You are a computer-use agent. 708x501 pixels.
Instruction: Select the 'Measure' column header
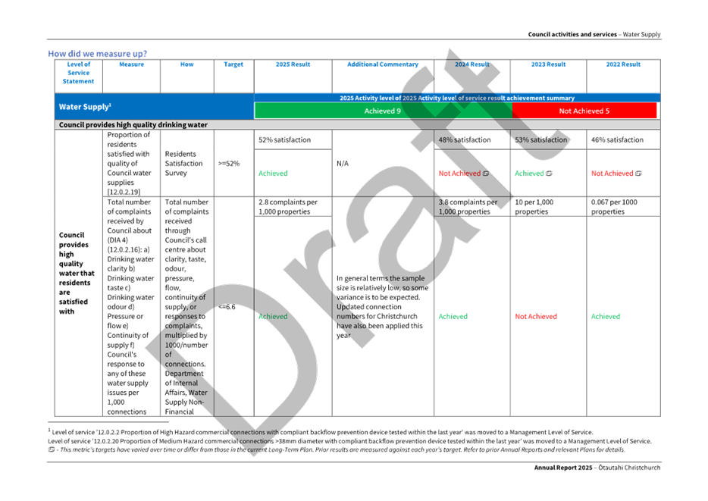click(x=132, y=65)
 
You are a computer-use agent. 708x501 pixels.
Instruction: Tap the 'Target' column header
click(x=233, y=65)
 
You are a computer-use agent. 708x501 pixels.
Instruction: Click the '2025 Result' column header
click(x=293, y=65)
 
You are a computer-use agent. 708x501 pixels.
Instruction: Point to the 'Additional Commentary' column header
click(x=382, y=65)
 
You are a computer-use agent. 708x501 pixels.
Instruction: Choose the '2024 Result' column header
click(x=471, y=65)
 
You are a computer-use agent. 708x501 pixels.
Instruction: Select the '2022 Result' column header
click(x=623, y=65)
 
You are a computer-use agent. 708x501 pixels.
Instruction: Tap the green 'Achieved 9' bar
click(x=383, y=111)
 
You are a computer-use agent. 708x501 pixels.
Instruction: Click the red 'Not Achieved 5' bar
click(x=584, y=111)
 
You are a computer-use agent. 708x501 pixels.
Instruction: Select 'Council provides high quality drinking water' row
click(x=133, y=124)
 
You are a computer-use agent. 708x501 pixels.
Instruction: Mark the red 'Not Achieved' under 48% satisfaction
click(x=460, y=173)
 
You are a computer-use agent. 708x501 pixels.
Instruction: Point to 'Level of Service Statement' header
click(x=79, y=72)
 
